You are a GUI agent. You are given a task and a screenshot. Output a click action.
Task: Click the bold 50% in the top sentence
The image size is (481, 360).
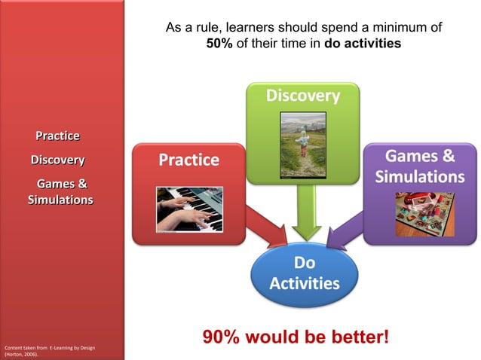[219, 44]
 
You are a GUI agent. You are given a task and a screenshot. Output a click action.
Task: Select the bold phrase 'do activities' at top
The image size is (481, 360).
[363, 44]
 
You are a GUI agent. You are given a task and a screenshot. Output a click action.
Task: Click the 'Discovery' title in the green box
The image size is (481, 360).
[302, 96]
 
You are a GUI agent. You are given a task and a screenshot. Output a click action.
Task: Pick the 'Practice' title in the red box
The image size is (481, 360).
[188, 160]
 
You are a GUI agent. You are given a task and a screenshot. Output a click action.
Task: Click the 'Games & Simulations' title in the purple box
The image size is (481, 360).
[419, 166]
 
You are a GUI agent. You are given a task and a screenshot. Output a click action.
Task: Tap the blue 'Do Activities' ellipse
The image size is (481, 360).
[304, 273]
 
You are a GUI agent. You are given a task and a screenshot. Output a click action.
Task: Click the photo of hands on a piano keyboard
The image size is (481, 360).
[188, 209]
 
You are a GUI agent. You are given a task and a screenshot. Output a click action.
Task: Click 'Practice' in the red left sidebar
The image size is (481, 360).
[58, 136]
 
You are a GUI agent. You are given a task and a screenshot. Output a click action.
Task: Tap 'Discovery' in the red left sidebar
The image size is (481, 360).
[57, 160]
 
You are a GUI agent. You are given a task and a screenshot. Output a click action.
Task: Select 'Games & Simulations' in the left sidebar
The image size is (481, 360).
[60, 191]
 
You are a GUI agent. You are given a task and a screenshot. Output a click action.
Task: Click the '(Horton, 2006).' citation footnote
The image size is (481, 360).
[21, 353]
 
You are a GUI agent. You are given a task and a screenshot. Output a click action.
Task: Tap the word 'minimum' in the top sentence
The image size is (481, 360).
[392, 28]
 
